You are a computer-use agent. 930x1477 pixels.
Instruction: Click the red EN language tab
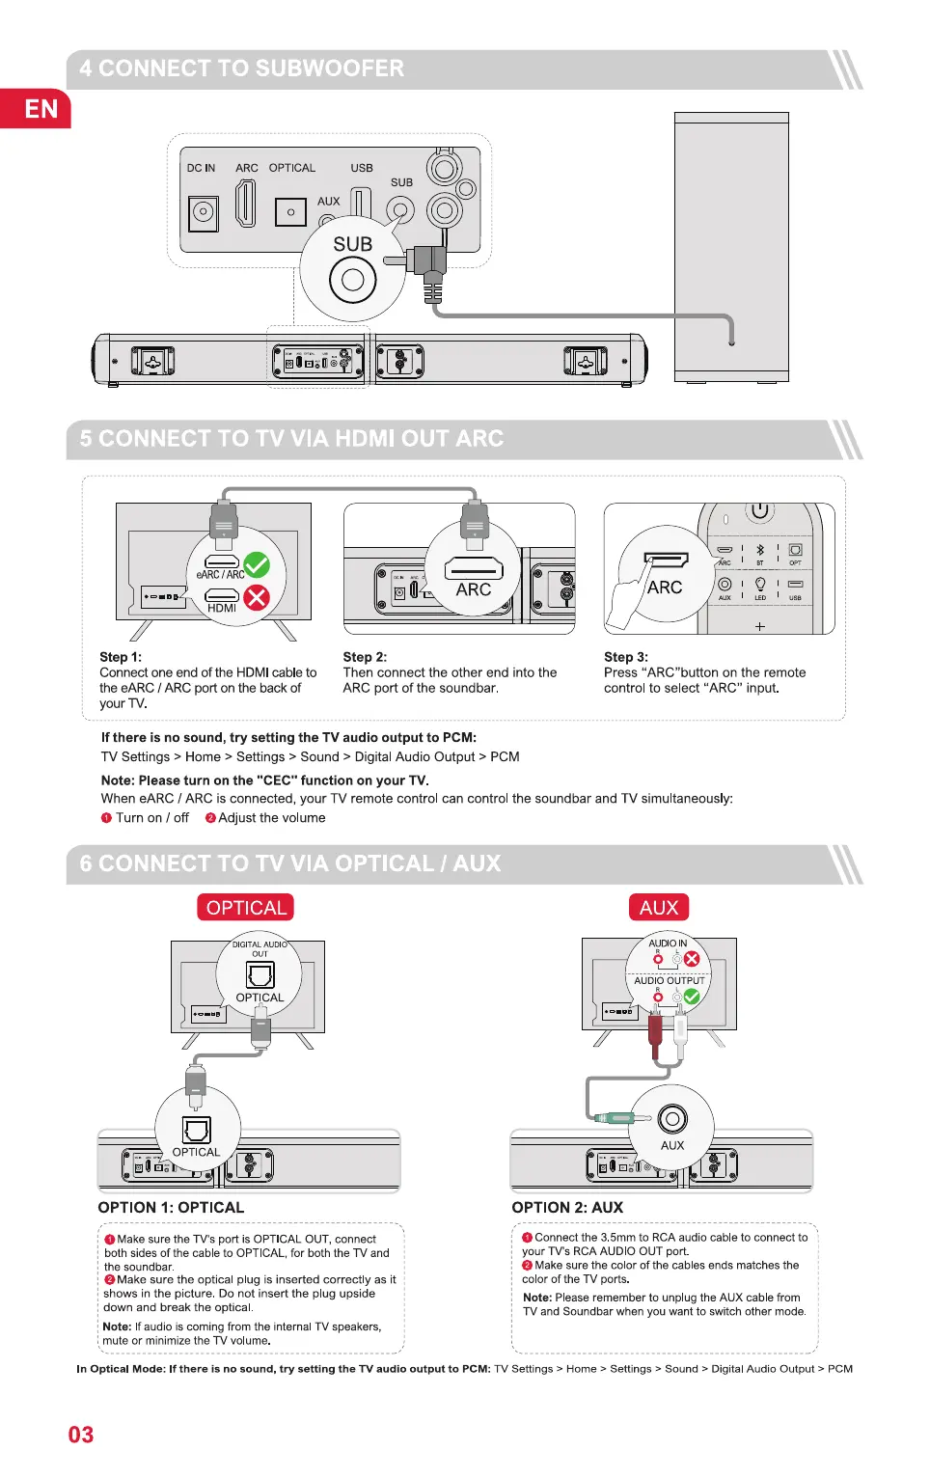point(36,109)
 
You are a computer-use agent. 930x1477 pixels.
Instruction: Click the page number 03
point(81,1435)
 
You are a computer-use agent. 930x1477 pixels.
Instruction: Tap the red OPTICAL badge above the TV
point(246,908)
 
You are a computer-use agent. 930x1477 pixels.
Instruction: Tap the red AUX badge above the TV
point(659,908)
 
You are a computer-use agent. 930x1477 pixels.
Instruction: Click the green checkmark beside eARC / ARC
point(257,564)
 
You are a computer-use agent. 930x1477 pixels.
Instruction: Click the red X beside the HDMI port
point(257,597)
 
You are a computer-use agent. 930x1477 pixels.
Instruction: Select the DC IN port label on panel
point(201,168)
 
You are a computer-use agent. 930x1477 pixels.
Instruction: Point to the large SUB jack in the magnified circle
point(352,281)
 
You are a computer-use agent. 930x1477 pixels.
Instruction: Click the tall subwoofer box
point(731,247)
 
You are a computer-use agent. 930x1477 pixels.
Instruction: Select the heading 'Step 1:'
point(121,657)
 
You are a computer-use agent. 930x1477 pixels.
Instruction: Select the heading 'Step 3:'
point(626,657)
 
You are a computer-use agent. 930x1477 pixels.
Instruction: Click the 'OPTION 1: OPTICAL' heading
point(171,1208)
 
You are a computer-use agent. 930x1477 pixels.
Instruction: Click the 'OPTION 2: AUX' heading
point(567,1208)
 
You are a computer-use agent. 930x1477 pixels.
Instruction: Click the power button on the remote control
point(759,510)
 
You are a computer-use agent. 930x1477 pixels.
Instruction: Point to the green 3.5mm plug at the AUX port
point(615,1118)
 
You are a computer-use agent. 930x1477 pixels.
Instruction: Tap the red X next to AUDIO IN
point(692,959)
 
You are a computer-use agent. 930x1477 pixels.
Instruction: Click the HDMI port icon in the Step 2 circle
point(474,568)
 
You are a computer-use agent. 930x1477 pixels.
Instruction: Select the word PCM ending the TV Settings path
point(505,757)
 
